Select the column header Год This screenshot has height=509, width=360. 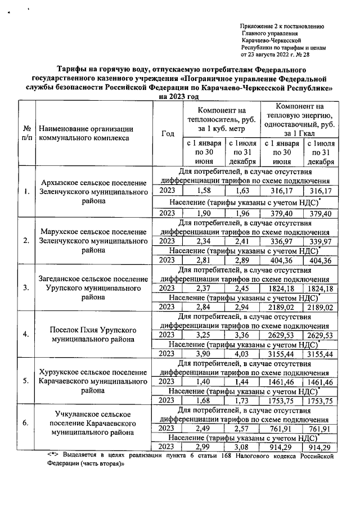168,133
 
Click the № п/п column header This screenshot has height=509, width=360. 26,133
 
